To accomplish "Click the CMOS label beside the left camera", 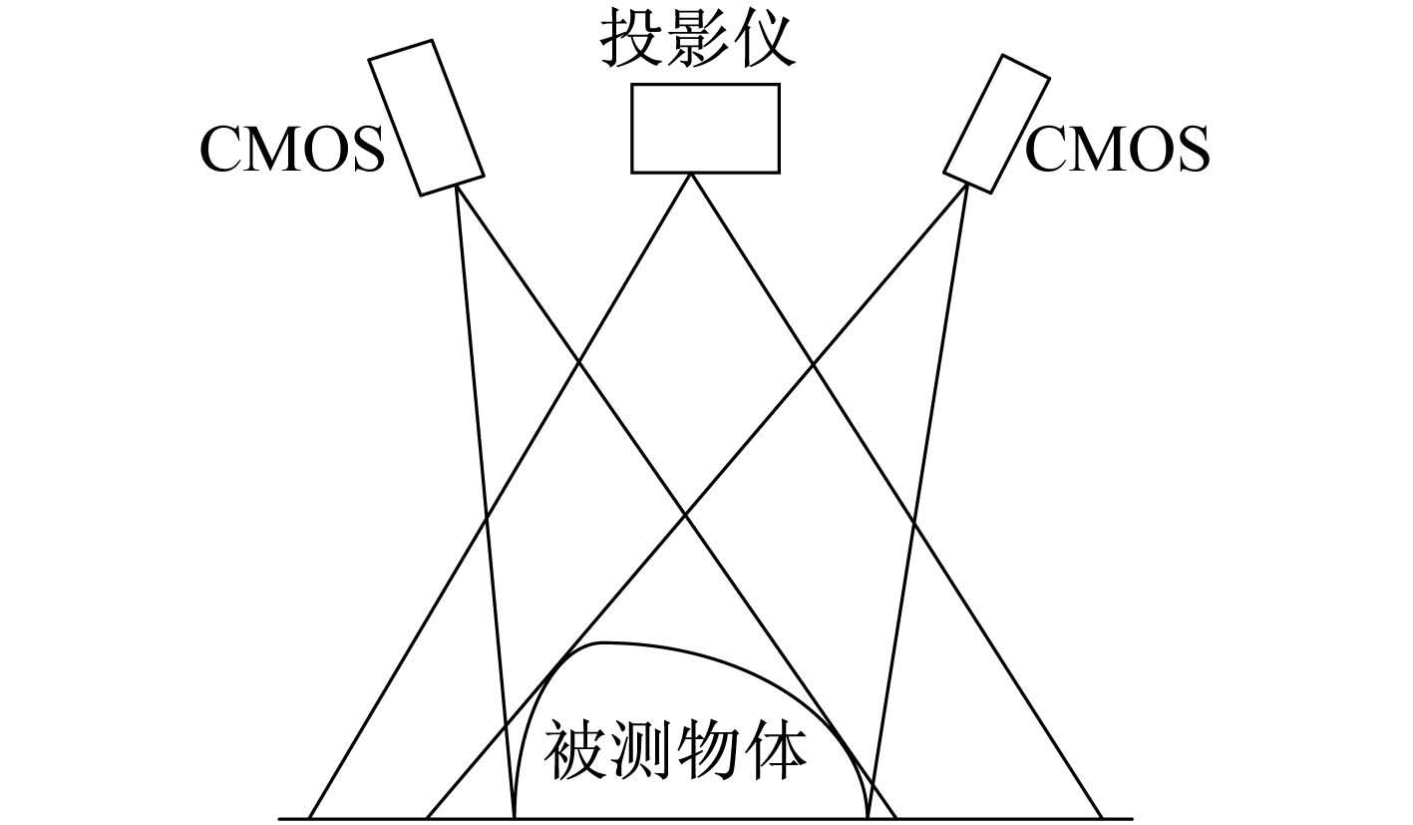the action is pos(292,150).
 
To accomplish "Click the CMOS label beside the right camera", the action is pos(1118,150).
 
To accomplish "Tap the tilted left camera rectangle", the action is pos(427,118).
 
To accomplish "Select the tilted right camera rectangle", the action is pos(996,124).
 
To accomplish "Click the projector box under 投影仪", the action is pos(705,128).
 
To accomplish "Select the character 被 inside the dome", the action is pos(575,749).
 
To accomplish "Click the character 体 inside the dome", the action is pos(775,749).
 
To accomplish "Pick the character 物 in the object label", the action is pos(709,749).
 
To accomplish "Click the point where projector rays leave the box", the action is pos(691,174).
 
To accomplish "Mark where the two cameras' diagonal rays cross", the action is pos(686,515).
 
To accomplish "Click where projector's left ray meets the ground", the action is pos(309,819).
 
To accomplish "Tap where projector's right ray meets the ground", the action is pos(1102,819).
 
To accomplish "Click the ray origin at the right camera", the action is pos(967,184).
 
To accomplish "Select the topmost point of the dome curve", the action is pos(602,642).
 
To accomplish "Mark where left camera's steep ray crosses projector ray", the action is pos(486,520).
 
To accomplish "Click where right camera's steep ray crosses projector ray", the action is pos(913,522).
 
